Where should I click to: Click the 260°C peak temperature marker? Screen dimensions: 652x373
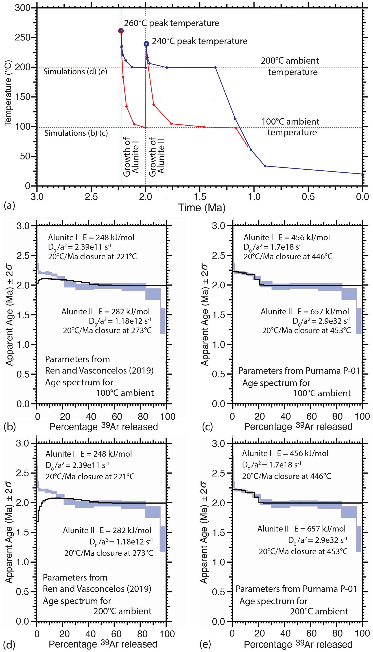[x=121, y=31]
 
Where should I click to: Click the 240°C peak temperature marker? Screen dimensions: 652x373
[x=146, y=44]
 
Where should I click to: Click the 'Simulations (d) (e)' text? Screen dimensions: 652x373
[x=75, y=72]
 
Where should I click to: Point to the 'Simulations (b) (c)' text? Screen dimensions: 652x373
[x=76, y=133]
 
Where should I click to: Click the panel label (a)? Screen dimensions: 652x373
[x=10, y=205]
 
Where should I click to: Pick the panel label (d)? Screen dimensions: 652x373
[x=10, y=645]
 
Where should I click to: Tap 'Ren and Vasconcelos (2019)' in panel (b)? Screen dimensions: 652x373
[x=99, y=370]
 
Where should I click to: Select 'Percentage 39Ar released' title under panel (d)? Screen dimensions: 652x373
[x=103, y=644]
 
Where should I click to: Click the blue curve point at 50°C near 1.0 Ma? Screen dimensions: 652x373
[x=251, y=150]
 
